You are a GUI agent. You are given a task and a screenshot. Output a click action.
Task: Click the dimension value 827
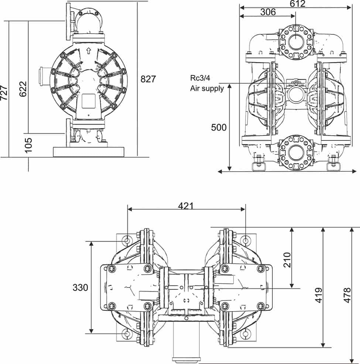click(148, 79)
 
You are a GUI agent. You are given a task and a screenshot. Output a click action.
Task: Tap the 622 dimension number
click(23, 89)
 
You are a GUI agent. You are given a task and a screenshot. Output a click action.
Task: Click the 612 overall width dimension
click(298, 4)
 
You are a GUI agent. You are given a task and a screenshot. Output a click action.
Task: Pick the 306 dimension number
click(268, 12)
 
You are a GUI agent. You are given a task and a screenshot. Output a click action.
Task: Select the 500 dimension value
click(219, 127)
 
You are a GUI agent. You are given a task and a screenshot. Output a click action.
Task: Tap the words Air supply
click(207, 88)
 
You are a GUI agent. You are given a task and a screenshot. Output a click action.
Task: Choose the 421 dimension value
click(186, 205)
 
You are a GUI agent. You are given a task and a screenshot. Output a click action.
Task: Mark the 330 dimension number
click(80, 287)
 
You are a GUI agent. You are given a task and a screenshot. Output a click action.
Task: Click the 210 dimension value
click(287, 259)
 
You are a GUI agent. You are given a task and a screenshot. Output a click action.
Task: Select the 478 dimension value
click(347, 295)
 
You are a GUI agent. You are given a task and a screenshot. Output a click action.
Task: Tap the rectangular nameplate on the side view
click(89, 101)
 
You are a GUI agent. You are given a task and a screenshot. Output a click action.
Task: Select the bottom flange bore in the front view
click(295, 152)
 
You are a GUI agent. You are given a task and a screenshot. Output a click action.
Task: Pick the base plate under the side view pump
click(89, 152)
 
